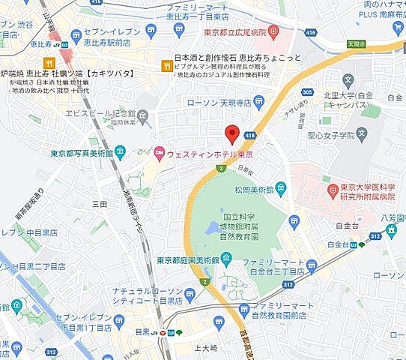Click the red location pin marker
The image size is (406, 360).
pyautogui.click(x=232, y=133)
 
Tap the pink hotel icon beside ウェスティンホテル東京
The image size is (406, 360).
pyautogui.click(x=159, y=153)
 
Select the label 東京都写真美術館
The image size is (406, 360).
pyautogui.click(x=82, y=154)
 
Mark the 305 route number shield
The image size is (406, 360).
pyautogui.click(x=308, y=92)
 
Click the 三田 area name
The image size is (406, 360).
pyautogui.click(x=99, y=203)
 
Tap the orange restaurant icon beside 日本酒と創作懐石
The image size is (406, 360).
pyautogui.click(x=165, y=66)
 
